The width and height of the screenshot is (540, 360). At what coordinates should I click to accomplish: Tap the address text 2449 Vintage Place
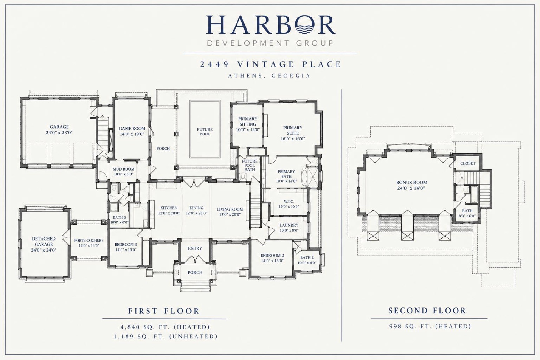tap(271, 64)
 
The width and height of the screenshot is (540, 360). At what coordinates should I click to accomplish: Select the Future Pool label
tap(205, 132)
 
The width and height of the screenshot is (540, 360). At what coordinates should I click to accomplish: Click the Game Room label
tap(132, 128)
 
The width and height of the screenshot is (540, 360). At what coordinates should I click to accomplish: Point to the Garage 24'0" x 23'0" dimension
tap(59, 132)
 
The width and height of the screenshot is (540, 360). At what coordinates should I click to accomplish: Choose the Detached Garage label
tap(44, 241)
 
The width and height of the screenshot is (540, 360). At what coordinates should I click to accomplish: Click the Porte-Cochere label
tap(89, 240)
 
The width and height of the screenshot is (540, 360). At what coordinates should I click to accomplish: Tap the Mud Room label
tap(124, 169)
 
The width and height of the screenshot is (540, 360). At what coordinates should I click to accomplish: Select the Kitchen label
tap(169, 208)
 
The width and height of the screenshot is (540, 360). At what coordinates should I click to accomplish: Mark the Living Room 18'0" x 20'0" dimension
tap(230, 215)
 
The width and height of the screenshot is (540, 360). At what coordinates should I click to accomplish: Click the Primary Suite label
tap(293, 130)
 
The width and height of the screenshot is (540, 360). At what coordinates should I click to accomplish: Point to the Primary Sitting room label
tap(248, 121)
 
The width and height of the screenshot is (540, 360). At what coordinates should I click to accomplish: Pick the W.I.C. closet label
tap(289, 202)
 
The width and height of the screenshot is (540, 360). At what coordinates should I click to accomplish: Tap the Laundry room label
tap(289, 225)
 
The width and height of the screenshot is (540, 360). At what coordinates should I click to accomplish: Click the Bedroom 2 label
tap(272, 255)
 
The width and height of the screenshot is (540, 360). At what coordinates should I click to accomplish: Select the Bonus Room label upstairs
tap(412, 182)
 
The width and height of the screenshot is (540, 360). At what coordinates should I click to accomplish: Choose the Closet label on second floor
tap(468, 163)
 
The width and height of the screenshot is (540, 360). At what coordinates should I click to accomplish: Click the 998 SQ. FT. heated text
tap(430, 327)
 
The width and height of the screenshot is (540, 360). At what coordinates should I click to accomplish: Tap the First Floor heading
tap(164, 311)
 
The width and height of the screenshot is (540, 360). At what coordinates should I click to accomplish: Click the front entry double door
tap(195, 259)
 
